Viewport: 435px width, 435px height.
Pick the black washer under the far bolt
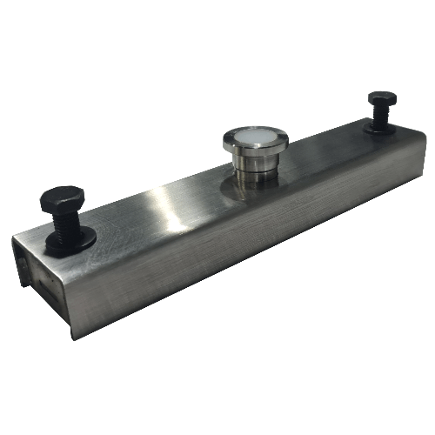[380, 129]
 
